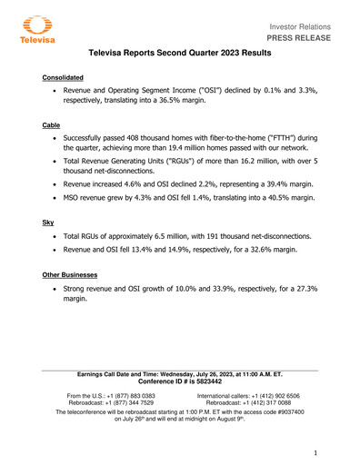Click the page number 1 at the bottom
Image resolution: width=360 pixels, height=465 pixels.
coord(315,452)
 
